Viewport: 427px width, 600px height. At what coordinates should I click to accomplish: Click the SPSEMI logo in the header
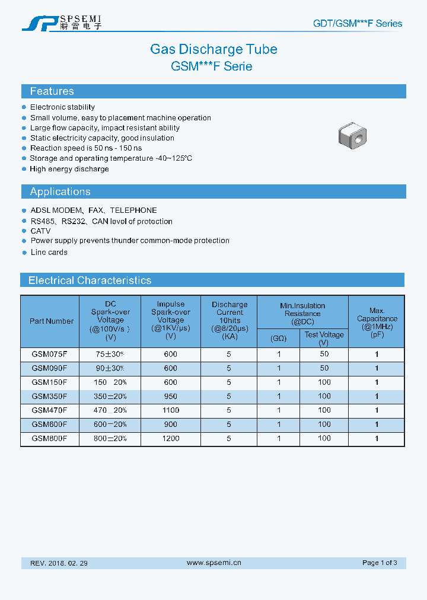pyautogui.click(x=62, y=23)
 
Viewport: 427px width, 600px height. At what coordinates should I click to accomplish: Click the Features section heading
pyautogui.click(x=52, y=91)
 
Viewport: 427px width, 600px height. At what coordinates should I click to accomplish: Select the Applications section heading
pyautogui.click(x=60, y=192)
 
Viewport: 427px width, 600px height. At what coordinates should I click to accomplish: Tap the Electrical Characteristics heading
pyautogui.click(x=90, y=280)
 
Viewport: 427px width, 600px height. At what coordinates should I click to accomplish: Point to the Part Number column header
pyautogui.click(x=52, y=321)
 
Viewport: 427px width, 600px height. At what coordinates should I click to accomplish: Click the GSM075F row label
pyautogui.click(x=49, y=354)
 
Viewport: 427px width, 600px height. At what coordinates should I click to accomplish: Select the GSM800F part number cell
pyautogui.click(x=49, y=439)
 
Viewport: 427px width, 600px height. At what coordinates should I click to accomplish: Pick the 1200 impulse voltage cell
pyautogui.click(x=171, y=439)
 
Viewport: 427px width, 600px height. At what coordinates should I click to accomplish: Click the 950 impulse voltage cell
pyautogui.click(x=171, y=396)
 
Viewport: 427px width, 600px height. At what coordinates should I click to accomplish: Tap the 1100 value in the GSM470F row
pyautogui.click(x=171, y=410)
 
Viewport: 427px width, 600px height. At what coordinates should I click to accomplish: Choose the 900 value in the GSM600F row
pyautogui.click(x=171, y=425)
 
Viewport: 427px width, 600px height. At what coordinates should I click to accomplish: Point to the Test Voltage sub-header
pyautogui.click(x=324, y=339)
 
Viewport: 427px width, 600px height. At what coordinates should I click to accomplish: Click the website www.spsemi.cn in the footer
pyautogui.click(x=213, y=563)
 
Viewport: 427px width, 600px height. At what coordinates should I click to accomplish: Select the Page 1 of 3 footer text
pyautogui.click(x=380, y=563)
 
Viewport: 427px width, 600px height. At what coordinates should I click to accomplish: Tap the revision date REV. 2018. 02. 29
pyautogui.click(x=59, y=563)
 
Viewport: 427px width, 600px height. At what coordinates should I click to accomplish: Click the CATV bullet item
pyautogui.click(x=40, y=231)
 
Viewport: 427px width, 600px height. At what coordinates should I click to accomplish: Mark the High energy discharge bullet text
pyautogui.click(x=69, y=169)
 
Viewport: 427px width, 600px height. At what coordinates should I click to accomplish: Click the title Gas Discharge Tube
pyautogui.click(x=213, y=49)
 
